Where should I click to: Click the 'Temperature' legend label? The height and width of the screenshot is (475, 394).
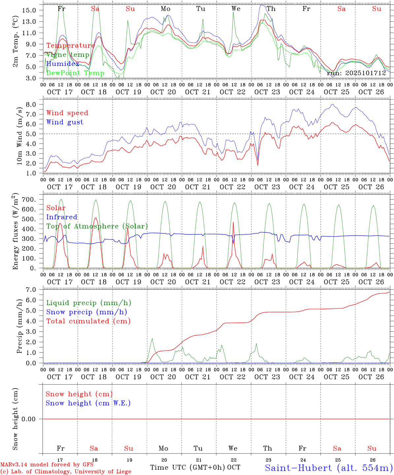pyautogui.click(x=71, y=46)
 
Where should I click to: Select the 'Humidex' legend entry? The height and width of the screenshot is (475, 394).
pyautogui.click(x=63, y=64)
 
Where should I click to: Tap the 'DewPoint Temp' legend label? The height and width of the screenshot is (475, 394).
pyautogui.click(x=75, y=73)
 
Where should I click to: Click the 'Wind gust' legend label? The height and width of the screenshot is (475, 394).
pyautogui.click(x=65, y=122)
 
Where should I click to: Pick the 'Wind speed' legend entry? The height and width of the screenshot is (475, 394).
pyautogui.click(x=67, y=113)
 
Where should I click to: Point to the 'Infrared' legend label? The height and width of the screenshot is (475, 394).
pyautogui.click(x=62, y=217)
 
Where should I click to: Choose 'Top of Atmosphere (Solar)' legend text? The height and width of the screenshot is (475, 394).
pyautogui.click(x=97, y=226)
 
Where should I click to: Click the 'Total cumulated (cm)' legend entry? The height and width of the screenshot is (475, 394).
pyautogui.click(x=88, y=321)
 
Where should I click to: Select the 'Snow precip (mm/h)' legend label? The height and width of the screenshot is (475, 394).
pyautogui.click(x=86, y=312)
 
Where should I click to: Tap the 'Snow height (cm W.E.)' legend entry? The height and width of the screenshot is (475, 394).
pyautogui.click(x=88, y=403)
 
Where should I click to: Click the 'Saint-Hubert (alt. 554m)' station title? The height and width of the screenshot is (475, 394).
pyautogui.click(x=329, y=467)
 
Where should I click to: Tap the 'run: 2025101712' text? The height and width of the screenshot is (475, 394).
pyautogui.click(x=356, y=73)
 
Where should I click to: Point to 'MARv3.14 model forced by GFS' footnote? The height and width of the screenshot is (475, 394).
pyautogui.click(x=47, y=465)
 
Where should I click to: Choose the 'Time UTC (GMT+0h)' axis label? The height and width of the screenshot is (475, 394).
pyautogui.click(x=188, y=467)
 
